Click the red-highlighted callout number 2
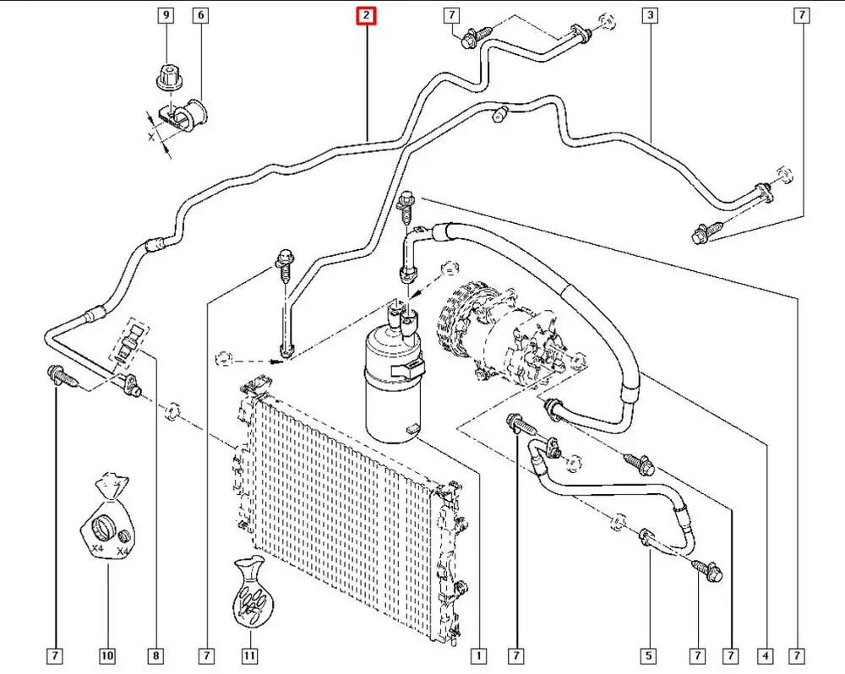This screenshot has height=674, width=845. pos(366,15)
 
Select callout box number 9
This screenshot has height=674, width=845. pos(165,15)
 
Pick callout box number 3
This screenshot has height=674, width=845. pos(650,15)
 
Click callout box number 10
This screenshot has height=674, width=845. pos(107,655)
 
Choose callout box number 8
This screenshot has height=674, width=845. pos(156,655)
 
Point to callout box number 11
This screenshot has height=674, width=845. pos(249,655)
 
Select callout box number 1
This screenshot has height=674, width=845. pos(478,655)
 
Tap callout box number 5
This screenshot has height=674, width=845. pos(650,655)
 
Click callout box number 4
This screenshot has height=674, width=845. pos(765,655)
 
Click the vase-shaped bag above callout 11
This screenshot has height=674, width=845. pos(250,595)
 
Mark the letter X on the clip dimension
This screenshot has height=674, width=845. pos(153,135)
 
